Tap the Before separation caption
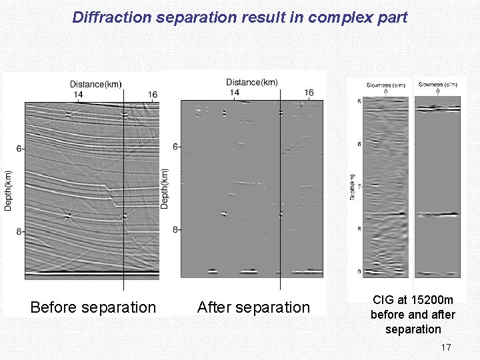(x=93, y=307)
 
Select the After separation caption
(x=253, y=307)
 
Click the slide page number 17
(x=446, y=347)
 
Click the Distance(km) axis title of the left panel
(x=96, y=84)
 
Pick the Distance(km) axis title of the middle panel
(x=252, y=82)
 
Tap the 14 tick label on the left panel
(x=78, y=95)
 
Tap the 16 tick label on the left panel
(x=152, y=95)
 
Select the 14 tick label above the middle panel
(x=235, y=92)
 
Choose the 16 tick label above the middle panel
(x=309, y=92)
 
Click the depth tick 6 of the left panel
(x=20, y=148)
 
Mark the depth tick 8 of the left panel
(x=20, y=232)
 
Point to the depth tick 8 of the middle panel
(x=175, y=230)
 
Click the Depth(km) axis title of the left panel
(x=9, y=189)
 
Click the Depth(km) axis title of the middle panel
(x=165, y=187)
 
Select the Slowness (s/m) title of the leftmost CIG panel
(x=386, y=85)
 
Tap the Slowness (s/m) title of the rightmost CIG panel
(x=437, y=85)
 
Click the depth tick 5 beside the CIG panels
(x=359, y=101)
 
